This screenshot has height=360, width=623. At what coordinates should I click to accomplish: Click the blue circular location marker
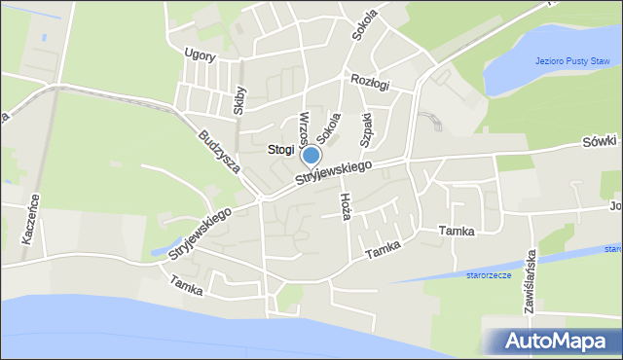point(311,155)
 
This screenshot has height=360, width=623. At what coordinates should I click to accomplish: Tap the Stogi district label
point(279,150)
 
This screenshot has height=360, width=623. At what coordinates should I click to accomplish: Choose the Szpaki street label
point(367,129)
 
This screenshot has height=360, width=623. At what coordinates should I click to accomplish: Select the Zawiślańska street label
point(532,278)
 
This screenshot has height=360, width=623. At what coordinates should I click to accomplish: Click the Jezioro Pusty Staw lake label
point(571,62)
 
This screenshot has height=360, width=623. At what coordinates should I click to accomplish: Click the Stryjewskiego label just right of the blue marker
point(336,175)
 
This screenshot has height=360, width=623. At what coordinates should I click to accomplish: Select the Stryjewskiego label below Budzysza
point(199,232)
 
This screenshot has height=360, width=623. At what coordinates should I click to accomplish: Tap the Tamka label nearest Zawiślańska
point(456,232)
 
